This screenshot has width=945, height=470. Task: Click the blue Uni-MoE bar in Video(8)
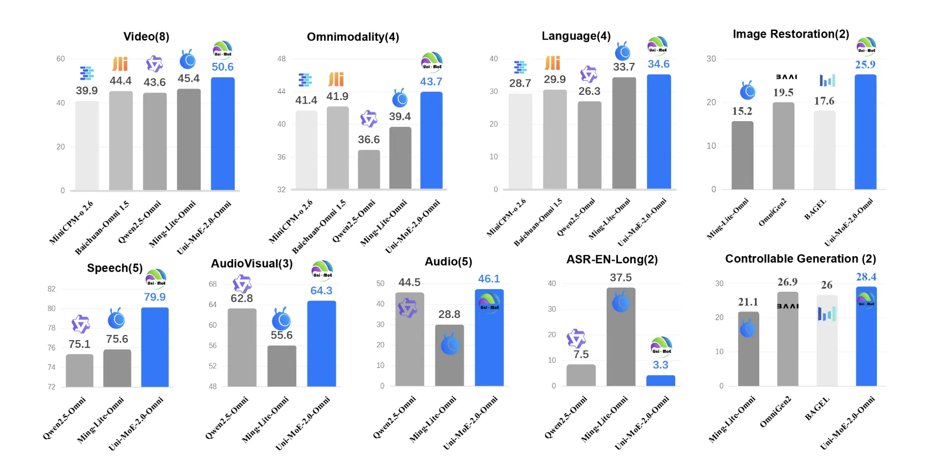[x=222, y=134]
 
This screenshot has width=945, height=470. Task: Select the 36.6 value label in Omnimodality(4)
[x=368, y=140]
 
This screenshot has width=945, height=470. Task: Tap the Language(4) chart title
[x=576, y=36]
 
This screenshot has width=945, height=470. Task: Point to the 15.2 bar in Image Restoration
[x=742, y=155]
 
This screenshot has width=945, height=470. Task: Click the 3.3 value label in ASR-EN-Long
[x=660, y=365]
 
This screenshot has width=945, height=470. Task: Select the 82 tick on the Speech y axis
[x=51, y=289]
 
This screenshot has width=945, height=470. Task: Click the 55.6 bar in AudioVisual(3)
[x=282, y=366]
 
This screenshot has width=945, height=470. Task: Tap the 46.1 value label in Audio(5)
[x=488, y=279]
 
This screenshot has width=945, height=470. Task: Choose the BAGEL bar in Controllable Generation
[x=826, y=340]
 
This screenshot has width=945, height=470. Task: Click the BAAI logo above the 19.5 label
[x=786, y=77]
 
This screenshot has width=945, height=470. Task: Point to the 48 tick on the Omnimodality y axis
[x=281, y=59]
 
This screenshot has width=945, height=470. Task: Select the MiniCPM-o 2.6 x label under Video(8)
[x=71, y=222]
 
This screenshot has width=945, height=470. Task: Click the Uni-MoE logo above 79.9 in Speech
[x=156, y=278]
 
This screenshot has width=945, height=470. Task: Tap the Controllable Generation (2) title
[x=800, y=259]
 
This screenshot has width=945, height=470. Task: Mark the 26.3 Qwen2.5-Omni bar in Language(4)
[x=589, y=145]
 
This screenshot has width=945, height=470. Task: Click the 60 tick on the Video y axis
[x=60, y=59]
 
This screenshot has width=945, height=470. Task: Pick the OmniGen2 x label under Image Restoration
[x=772, y=212]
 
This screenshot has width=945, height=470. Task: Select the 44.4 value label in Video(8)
[x=120, y=81]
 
